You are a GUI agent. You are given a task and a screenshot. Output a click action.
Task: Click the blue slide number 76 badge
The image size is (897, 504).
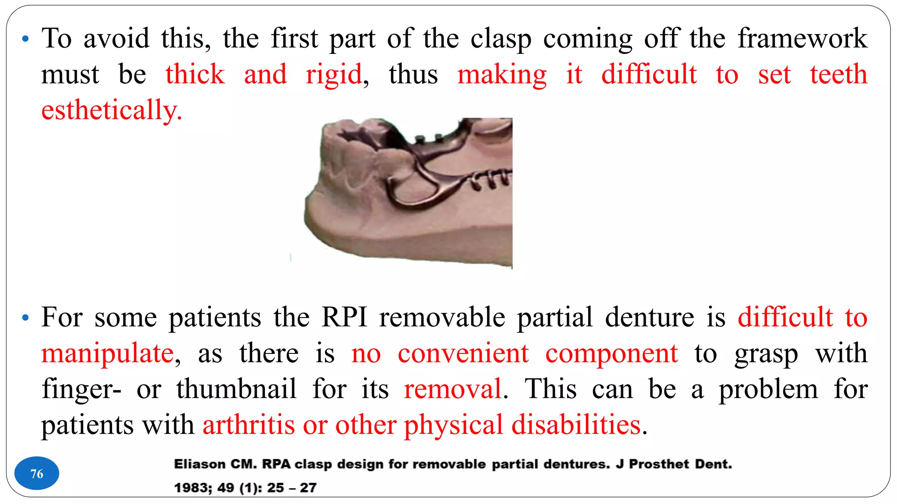pyautogui.click(x=37, y=473)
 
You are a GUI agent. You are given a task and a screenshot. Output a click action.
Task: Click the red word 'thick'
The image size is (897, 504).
pyautogui.click(x=195, y=74)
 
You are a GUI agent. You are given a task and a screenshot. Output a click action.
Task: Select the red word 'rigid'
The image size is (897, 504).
pyautogui.click(x=334, y=74)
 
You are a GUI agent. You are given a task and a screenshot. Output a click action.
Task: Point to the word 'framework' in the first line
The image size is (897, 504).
pyautogui.click(x=802, y=38)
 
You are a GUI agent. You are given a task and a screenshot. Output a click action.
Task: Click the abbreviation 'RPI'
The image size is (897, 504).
pyautogui.click(x=344, y=317)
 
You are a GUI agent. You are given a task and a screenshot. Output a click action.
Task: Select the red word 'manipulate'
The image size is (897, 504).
pyautogui.click(x=108, y=353)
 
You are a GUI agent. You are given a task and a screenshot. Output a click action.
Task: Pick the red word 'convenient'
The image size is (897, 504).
pyautogui.click(x=463, y=353)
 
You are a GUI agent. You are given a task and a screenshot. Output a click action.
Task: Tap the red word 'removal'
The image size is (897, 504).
pyautogui.click(x=452, y=389)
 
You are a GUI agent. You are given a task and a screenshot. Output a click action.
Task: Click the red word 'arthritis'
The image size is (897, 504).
pyautogui.click(x=248, y=425)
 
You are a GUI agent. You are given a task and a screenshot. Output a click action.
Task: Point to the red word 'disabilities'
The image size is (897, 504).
pyautogui.click(x=576, y=425)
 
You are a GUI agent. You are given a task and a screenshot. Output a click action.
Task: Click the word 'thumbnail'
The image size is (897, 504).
pyautogui.click(x=237, y=389)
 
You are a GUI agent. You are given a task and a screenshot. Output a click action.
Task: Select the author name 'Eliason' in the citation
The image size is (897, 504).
pyautogui.click(x=200, y=464)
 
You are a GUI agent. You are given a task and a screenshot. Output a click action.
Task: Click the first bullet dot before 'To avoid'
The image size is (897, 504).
pyautogui.click(x=25, y=39)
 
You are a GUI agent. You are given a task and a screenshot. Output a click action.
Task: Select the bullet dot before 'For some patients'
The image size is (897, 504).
pyautogui.click(x=25, y=318)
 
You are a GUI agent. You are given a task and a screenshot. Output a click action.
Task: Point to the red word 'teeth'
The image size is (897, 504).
pyautogui.click(x=838, y=74)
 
